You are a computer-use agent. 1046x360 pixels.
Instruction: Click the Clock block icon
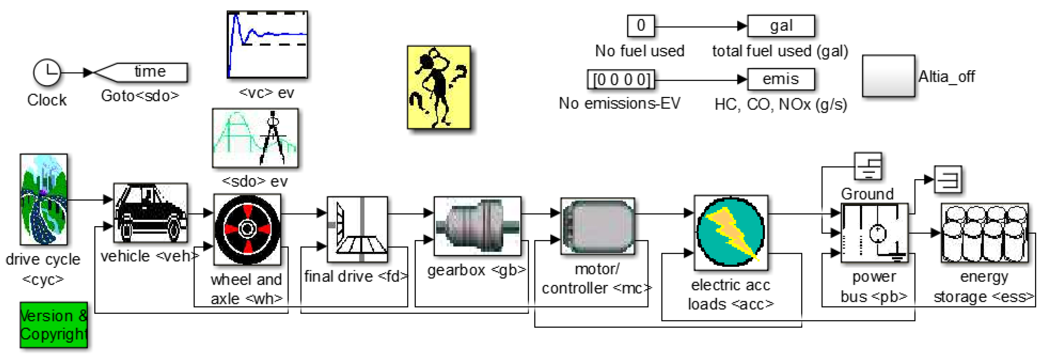[47, 73]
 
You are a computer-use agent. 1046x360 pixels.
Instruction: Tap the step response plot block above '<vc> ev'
[267, 45]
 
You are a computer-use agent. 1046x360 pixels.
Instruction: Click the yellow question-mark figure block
[439, 87]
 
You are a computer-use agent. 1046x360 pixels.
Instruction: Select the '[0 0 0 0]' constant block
[621, 79]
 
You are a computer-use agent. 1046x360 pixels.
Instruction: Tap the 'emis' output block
[781, 79]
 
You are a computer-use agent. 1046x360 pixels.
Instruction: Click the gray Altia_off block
[889, 76]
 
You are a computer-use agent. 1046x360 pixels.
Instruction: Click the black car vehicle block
[150, 213]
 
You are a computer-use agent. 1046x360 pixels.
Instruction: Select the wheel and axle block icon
[247, 230]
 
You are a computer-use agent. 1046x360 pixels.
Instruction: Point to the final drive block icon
[357, 230]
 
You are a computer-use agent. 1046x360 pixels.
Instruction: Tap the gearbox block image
[478, 226]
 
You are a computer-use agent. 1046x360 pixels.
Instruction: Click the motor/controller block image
[597, 226]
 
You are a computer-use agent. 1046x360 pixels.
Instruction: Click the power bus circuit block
[874, 233]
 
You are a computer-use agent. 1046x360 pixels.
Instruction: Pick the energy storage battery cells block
[985, 233]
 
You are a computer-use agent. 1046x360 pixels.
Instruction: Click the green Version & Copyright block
[54, 325]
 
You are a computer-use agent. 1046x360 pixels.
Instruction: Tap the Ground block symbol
[868, 166]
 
